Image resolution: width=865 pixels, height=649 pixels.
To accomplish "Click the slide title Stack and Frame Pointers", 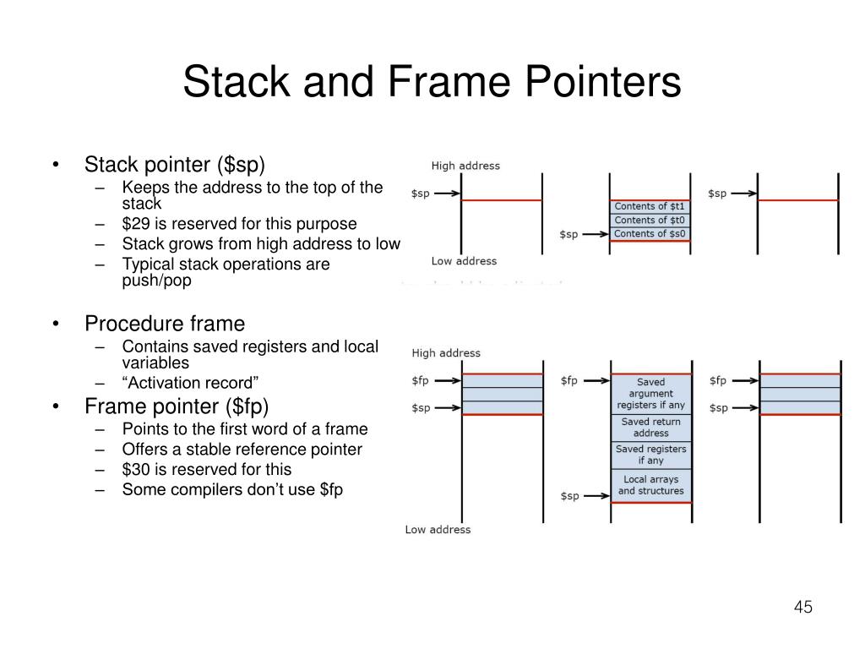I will pyautogui.click(x=432, y=83).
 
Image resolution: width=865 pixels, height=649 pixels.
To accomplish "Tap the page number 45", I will pyautogui.click(x=802, y=608).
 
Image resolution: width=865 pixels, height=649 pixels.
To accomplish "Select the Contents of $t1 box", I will pyautogui.click(x=650, y=206).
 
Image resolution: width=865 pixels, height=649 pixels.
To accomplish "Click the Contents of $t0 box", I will pyautogui.click(x=650, y=221).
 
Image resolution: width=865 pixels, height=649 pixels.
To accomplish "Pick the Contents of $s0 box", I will pyautogui.click(x=650, y=234).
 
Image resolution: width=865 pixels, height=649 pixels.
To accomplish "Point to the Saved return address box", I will pyautogui.click(x=650, y=428).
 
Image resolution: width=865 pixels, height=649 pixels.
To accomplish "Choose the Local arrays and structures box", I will pyautogui.click(x=650, y=485).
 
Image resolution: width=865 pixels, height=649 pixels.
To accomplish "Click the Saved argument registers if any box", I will pyautogui.click(x=650, y=394).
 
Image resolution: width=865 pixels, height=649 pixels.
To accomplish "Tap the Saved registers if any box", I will pyautogui.click(x=650, y=455).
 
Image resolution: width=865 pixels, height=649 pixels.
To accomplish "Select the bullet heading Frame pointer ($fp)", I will pyautogui.click(x=176, y=406).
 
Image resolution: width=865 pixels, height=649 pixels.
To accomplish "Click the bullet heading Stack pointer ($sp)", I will pyautogui.click(x=179, y=163).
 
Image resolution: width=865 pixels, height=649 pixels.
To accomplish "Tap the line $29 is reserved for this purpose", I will pyautogui.click(x=239, y=224).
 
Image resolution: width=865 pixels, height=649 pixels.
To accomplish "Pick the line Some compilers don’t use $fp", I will pyautogui.click(x=232, y=490).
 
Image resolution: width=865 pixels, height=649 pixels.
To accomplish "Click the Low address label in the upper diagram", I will pyautogui.click(x=464, y=261).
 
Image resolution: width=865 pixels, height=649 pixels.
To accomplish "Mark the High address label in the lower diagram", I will pyautogui.click(x=445, y=353).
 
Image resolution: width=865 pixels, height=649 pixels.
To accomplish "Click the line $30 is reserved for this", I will pyautogui.click(x=206, y=470).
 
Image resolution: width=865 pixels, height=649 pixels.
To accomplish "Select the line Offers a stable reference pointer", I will pyautogui.click(x=242, y=450).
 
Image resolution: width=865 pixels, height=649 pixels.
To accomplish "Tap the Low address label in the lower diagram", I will pyautogui.click(x=438, y=530).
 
